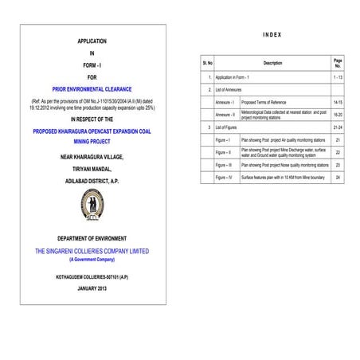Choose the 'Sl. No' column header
tap(209, 62)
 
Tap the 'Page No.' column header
tap(338, 62)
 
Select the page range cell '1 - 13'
tap(338, 76)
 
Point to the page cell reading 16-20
tap(338, 115)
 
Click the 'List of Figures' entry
tap(229, 127)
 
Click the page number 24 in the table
tap(338, 178)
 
